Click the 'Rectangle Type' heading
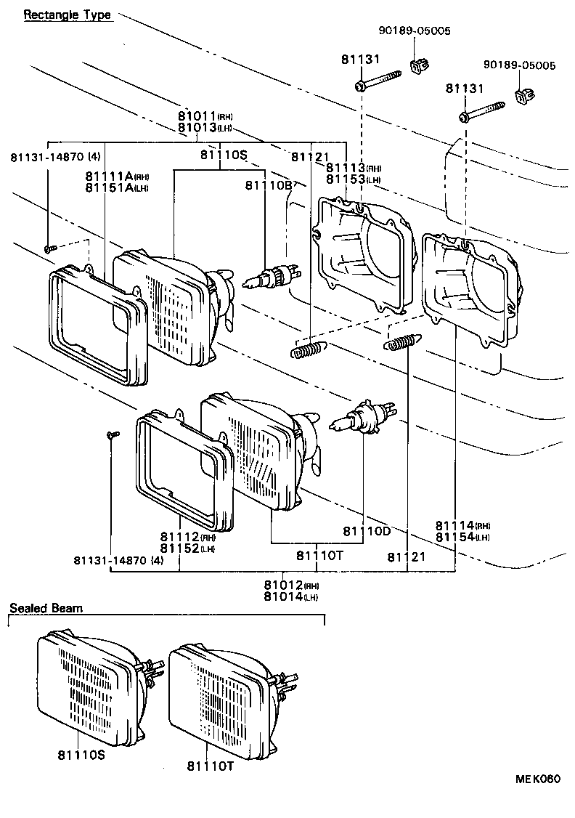coord(68,15)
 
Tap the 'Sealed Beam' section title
coord(46,607)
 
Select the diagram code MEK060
coord(538,779)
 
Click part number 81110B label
coord(268,186)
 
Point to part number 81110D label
coord(367,531)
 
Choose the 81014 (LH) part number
coord(290,597)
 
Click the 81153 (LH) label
coord(353,179)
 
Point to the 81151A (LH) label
coord(117,187)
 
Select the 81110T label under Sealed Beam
coord(211,766)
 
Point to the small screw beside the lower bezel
coord(112,434)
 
